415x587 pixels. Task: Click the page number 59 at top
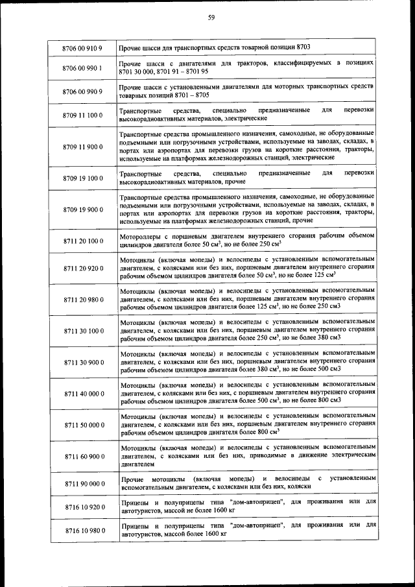pyautogui.click(x=211, y=18)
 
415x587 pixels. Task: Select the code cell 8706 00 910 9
pyautogui.click(x=83, y=49)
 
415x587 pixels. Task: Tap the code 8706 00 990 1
pyautogui.click(x=83, y=67)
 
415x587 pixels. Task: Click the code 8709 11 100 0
pyautogui.click(x=83, y=115)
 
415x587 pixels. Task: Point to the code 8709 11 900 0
pyautogui.click(x=83, y=147)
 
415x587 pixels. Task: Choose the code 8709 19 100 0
pyautogui.click(x=83, y=178)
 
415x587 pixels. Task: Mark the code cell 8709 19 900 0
pyautogui.click(x=83, y=210)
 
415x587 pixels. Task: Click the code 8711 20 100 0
pyautogui.click(x=83, y=241)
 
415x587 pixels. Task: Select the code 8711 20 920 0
pyautogui.click(x=83, y=268)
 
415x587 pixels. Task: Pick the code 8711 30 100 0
pyautogui.click(x=83, y=331)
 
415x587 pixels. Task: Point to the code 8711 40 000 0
pyautogui.click(x=83, y=394)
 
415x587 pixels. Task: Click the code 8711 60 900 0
pyautogui.click(x=83, y=457)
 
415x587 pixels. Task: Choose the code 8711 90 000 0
pyautogui.click(x=83, y=484)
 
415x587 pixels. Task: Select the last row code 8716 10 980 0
pyautogui.click(x=83, y=531)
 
